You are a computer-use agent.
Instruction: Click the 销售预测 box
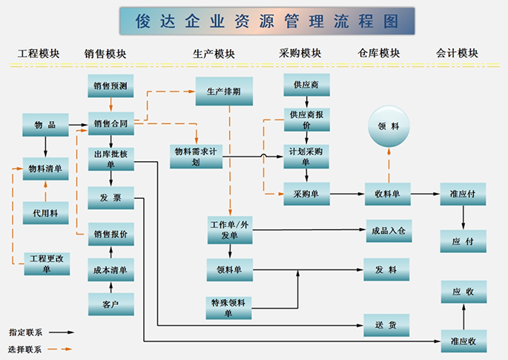(110, 86)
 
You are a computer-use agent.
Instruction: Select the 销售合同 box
(110, 124)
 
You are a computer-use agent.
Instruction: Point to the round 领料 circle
(389, 126)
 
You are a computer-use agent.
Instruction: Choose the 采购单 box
(306, 194)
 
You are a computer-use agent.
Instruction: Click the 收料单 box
(388, 194)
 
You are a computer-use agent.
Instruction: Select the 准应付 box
(463, 194)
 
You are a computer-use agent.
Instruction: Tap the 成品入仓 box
(388, 231)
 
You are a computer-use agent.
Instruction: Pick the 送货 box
(386, 324)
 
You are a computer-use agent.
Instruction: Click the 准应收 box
(463, 341)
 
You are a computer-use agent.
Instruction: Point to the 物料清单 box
(45, 169)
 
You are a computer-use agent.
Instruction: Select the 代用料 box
(45, 213)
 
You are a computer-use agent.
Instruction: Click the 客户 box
(110, 304)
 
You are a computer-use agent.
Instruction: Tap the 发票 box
(110, 197)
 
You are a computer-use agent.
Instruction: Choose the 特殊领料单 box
(229, 307)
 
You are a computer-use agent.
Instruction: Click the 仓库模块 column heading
(378, 53)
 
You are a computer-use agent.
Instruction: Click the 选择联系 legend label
(26, 348)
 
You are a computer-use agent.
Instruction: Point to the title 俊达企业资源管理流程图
(266, 22)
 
